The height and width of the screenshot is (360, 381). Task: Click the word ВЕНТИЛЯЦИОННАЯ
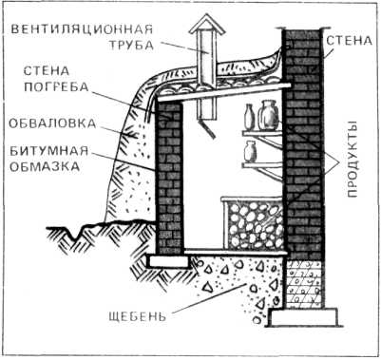tap(82, 29)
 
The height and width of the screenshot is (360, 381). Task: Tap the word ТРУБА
tap(131, 45)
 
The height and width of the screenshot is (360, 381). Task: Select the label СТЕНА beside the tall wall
tap(349, 41)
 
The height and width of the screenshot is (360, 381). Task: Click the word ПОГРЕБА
tap(56, 86)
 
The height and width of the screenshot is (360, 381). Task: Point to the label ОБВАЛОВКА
tap(52, 123)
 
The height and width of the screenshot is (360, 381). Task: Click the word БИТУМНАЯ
tap(49, 150)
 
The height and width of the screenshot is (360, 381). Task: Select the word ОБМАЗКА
tap(45, 166)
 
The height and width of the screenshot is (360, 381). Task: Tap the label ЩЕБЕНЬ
tap(137, 316)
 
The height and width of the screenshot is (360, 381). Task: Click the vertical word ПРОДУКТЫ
tap(352, 159)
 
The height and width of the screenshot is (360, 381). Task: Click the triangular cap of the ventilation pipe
tap(207, 24)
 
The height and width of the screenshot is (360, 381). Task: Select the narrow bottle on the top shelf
tap(250, 117)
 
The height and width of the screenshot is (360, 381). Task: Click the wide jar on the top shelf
tap(269, 115)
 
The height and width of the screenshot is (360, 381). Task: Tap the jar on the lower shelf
tap(250, 152)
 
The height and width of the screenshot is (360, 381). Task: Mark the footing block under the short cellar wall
tap(169, 261)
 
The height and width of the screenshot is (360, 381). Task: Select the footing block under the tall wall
tap(302, 317)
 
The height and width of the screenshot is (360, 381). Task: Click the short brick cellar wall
tap(169, 178)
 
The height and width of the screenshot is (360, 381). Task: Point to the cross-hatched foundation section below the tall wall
tap(305, 283)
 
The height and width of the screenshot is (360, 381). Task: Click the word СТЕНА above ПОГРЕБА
tap(47, 71)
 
